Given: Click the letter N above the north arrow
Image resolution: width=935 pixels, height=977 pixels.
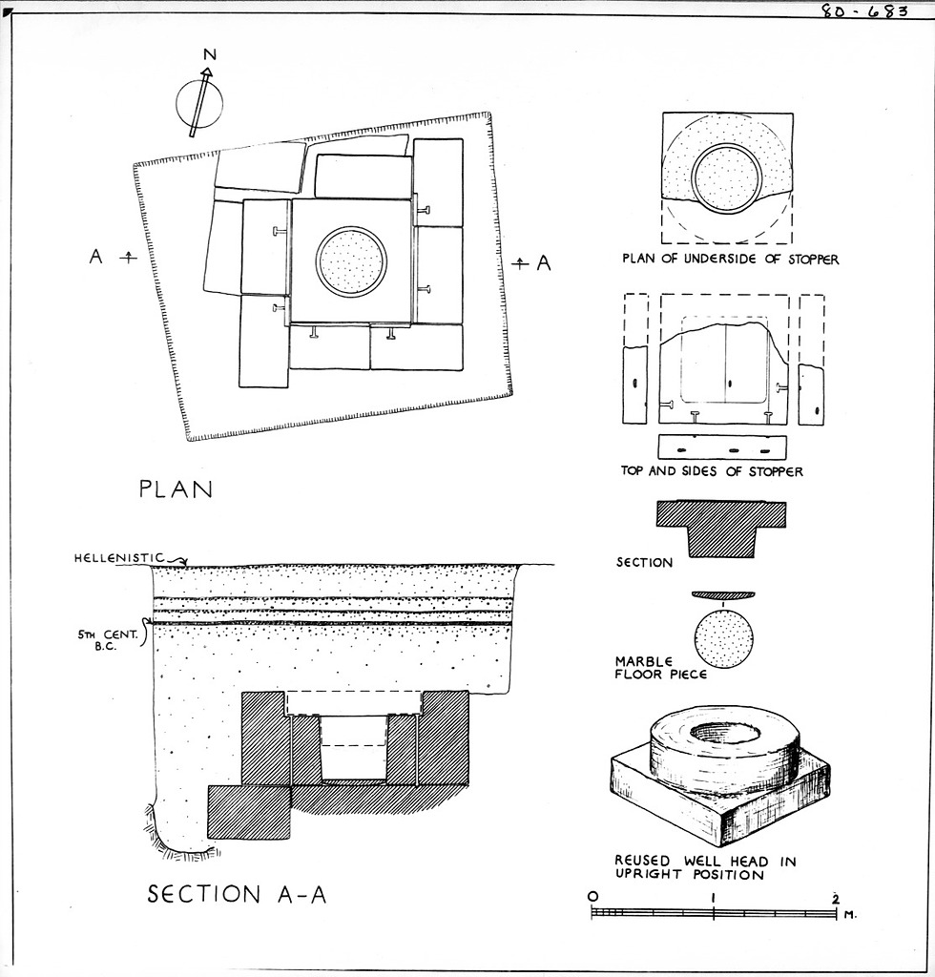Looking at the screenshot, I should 209,54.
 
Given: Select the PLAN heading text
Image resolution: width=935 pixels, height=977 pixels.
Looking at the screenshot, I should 175,490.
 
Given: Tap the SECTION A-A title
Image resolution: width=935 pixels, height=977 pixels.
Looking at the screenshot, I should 237,894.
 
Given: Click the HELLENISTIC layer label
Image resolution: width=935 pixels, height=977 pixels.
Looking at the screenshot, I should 119,557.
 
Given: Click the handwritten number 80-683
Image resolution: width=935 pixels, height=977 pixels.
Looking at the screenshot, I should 863,11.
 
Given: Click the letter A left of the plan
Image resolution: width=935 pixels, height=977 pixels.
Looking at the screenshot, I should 95,257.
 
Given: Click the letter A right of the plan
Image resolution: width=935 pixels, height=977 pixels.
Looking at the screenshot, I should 544,263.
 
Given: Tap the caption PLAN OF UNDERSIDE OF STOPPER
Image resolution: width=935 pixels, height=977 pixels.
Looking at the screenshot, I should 730,260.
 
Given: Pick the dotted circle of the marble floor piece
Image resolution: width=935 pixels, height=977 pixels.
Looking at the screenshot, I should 724,638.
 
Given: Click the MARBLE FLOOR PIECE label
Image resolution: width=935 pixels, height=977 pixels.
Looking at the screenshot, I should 648,668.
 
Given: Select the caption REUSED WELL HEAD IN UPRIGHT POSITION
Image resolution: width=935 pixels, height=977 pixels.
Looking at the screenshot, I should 704,867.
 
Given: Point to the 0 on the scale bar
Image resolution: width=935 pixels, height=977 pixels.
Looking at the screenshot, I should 592,897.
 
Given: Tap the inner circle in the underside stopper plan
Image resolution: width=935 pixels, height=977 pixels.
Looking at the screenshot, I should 726,178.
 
